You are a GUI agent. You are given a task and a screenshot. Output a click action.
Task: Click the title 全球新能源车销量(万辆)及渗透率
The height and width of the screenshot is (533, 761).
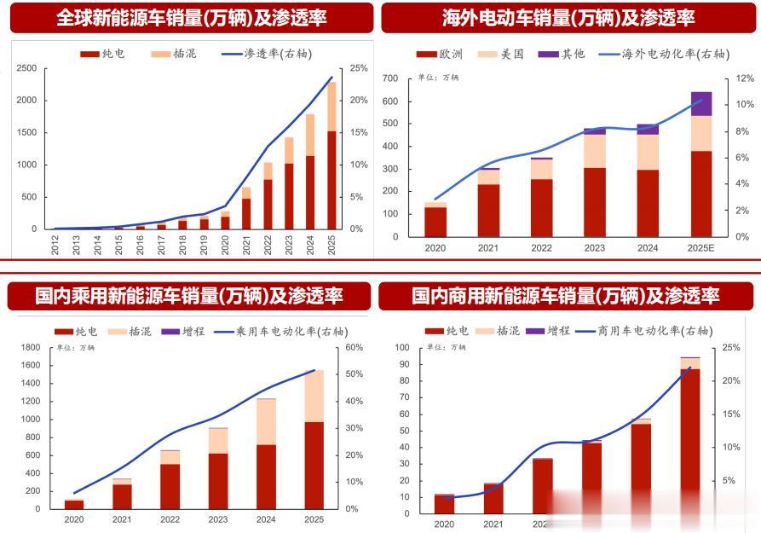pos(191,17)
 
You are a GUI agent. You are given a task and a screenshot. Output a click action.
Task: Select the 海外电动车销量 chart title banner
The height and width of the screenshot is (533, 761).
pos(568,17)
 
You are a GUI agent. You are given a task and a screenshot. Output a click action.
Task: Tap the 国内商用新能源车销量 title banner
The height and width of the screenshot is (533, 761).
pos(566,296)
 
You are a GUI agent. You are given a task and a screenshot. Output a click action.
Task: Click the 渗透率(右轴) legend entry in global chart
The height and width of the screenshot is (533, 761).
pos(266,54)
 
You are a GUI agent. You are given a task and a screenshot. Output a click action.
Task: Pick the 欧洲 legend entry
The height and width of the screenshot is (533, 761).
pos(440,54)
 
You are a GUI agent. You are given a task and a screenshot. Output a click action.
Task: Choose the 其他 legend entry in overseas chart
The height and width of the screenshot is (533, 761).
pos(562,54)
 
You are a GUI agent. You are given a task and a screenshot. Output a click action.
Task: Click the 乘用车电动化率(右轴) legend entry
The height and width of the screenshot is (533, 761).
pos(280,331)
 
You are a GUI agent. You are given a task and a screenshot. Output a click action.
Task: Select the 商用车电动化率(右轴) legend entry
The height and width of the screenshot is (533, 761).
pos(644,331)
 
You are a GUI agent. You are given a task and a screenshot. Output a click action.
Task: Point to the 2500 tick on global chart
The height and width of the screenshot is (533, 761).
pos(26,68)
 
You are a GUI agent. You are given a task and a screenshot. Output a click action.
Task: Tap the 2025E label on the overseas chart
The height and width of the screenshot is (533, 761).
pos(700,247)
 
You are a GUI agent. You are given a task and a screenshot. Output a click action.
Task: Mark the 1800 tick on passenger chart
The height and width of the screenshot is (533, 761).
pos(32,348)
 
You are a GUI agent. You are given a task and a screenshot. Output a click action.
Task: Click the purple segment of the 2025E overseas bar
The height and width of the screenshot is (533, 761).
pos(701,103)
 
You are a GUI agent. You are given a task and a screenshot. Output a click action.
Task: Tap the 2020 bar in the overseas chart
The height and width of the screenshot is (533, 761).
pos(435,220)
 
